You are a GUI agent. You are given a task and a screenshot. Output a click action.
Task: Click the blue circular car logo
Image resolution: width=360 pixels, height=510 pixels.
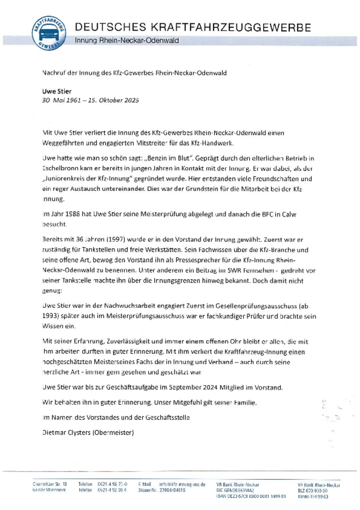49,33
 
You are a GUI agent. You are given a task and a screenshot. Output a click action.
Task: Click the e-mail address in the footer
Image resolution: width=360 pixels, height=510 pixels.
182,484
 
